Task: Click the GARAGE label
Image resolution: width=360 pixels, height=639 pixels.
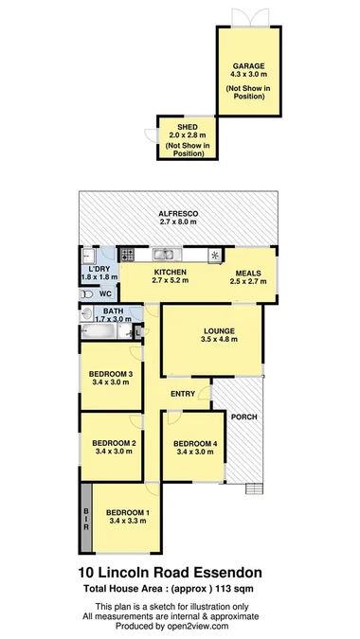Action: pos(249,67)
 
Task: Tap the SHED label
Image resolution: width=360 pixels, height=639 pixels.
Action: pos(184,126)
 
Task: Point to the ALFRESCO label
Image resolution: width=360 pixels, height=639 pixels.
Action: pos(178,216)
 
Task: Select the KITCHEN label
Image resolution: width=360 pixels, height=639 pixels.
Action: pos(170,272)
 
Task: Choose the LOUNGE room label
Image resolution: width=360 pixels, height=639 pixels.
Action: pos(218,330)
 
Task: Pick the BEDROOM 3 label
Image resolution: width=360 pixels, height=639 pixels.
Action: pos(112,375)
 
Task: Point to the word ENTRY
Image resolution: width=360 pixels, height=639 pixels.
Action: pos(184,394)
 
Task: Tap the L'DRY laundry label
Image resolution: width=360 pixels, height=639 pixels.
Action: pos(95,269)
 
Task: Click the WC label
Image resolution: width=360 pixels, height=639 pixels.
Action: pos(105,294)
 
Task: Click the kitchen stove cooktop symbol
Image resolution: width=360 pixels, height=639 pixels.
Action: pos(127,254)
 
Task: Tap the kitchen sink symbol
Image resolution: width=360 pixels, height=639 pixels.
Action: pos(168,254)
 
